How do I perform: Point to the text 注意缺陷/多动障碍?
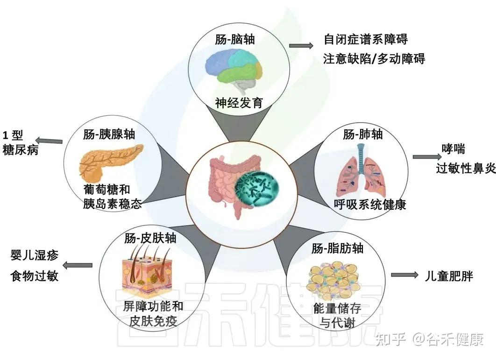click(x=374, y=59)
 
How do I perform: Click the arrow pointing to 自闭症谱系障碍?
click(x=301, y=46)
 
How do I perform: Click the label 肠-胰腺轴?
click(x=109, y=134)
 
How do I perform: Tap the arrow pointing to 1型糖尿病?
click(x=50, y=140)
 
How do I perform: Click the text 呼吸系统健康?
click(x=370, y=204)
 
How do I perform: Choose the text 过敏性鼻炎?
click(x=465, y=169)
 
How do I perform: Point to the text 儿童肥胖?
click(x=449, y=275)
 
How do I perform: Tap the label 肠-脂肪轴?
click(x=337, y=248)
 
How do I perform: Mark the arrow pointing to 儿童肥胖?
click(x=404, y=275)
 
